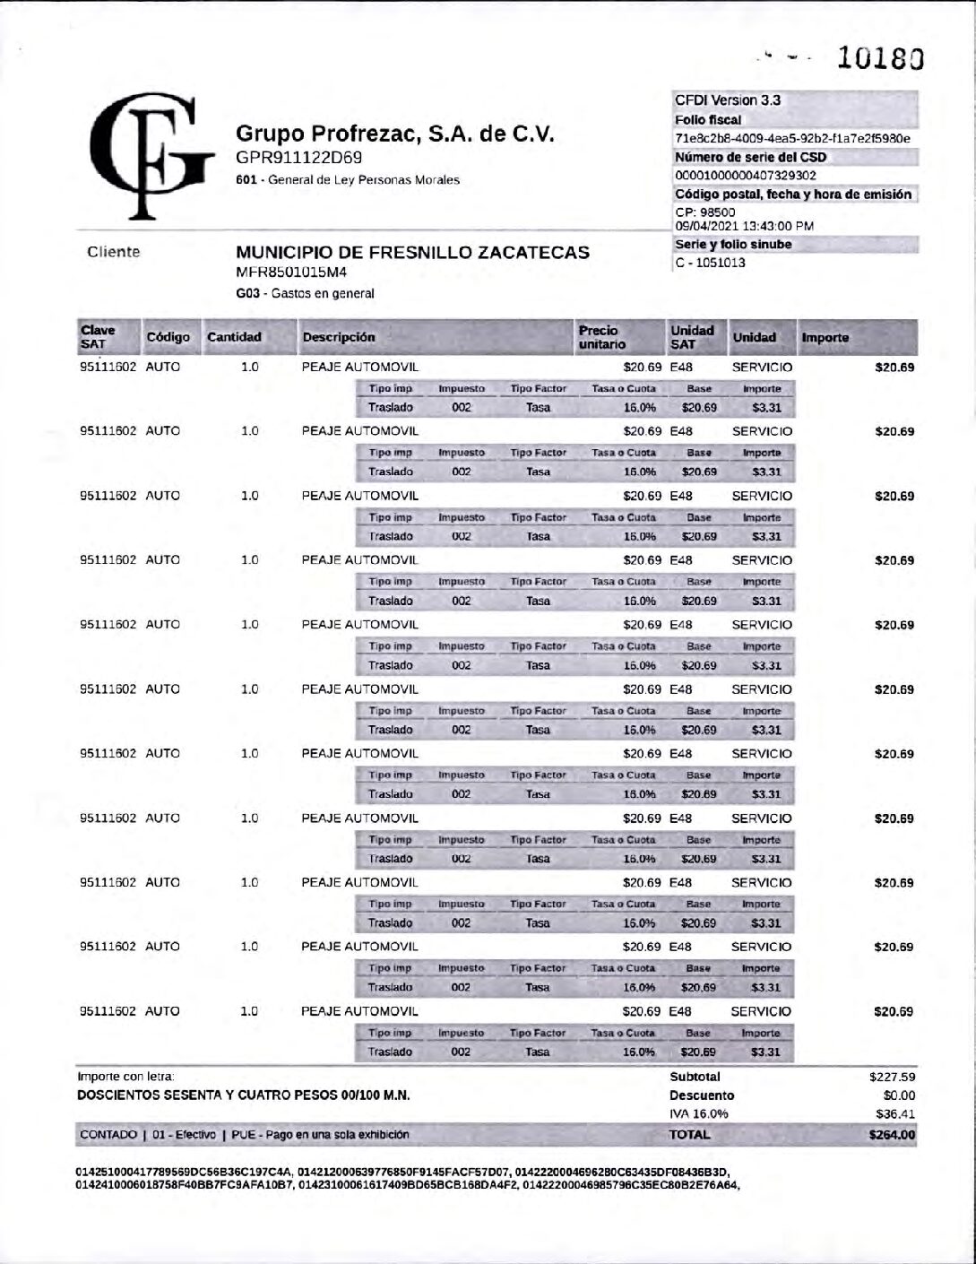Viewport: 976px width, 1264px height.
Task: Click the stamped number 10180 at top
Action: tap(880, 58)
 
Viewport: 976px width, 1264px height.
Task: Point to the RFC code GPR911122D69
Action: tap(298, 158)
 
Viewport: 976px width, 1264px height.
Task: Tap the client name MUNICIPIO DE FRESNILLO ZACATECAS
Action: tap(412, 252)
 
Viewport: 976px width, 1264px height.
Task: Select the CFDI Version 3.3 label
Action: tap(728, 100)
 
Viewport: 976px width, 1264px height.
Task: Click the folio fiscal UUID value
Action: tap(792, 138)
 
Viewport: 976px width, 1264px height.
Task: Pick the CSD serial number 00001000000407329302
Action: tap(746, 176)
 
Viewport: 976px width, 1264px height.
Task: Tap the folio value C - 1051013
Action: tap(710, 263)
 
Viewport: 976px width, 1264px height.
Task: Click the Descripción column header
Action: tap(339, 337)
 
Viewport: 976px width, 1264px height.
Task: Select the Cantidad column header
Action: tap(234, 337)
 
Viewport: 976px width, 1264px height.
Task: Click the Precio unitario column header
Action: tap(602, 337)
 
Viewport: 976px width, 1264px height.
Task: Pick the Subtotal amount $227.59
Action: tap(892, 1077)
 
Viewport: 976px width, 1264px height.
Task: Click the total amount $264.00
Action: tap(892, 1134)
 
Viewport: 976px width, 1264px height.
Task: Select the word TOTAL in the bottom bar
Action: tap(689, 1134)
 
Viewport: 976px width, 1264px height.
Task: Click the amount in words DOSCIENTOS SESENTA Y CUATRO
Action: tap(244, 1095)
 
